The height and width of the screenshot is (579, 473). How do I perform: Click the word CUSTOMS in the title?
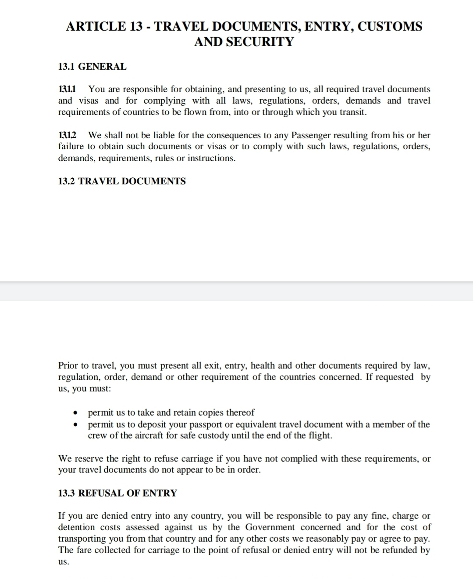(390, 26)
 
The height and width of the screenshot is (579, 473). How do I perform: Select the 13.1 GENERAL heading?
(92, 67)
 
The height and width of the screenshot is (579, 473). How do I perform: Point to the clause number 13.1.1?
(67, 89)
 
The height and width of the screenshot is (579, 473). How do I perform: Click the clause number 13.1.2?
(67, 135)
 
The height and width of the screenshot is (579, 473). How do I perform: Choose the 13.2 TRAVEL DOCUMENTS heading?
(122, 181)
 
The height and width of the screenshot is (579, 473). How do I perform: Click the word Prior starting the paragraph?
(68, 366)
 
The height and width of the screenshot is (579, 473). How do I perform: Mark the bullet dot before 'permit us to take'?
(76, 413)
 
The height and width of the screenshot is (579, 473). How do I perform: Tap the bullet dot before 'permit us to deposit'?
(76, 424)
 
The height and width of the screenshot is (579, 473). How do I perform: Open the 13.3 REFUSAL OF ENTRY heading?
(117, 493)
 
